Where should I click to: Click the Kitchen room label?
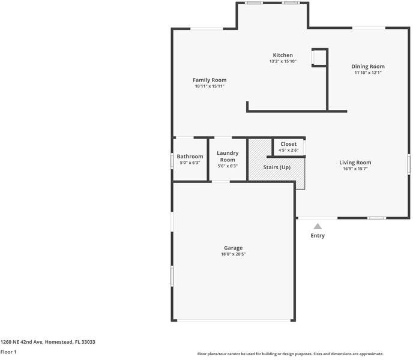click(x=283, y=55)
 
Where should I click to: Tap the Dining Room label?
click(x=368, y=67)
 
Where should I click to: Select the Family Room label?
click(x=210, y=80)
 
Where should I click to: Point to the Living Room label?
click(x=355, y=162)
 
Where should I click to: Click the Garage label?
click(x=234, y=248)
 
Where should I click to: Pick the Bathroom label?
click(x=190, y=157)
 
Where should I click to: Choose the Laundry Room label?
click(x=228, y=157)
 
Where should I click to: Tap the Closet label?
click(x=288, y=144)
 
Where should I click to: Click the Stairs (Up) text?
click(x=277, y=167)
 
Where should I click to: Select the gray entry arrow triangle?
click(x=318, y=226)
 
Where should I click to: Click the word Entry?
click(x=318, y=236)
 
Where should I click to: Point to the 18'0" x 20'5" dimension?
click(x=234, y=254)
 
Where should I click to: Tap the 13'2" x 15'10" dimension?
click(x=283, y=61)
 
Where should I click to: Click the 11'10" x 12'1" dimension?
click(x=368, y=73)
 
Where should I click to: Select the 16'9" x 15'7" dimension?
click(x=355, y=169)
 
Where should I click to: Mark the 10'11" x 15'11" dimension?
click(x=210, y=86)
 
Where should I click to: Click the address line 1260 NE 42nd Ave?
click(x=47, y=342)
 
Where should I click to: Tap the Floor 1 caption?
click(x=8, y=352)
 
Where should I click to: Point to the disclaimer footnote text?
click(x=291, y=354)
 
